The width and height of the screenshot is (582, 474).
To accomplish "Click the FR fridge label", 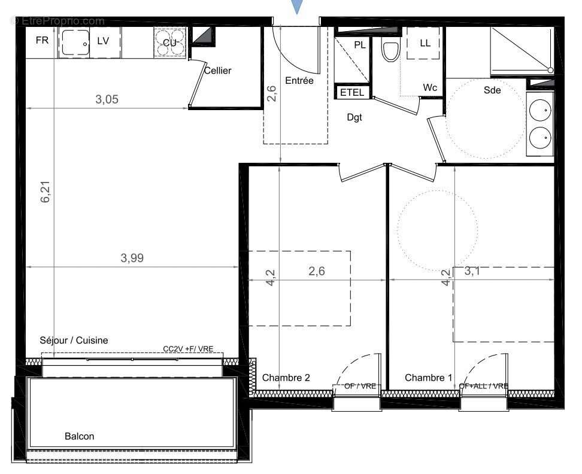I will [42, 41].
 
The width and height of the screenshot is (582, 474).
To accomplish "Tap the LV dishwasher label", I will [103, 41].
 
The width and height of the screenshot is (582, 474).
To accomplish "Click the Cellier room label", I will [217, 71].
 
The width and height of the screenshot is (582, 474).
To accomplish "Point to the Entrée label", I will [299, 81].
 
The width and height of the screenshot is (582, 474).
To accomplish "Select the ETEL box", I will [352, 93].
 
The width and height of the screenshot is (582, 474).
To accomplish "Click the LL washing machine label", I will [425, 43].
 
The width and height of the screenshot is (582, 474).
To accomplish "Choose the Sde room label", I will [492, 90].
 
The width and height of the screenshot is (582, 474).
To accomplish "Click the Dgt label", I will [354, 118].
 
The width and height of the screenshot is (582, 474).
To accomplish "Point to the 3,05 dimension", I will [107, 100].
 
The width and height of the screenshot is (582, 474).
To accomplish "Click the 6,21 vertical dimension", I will [46, 191].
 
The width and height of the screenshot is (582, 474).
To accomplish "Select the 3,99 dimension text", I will [132, 258].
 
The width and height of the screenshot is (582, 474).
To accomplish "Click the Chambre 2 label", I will [286, 378].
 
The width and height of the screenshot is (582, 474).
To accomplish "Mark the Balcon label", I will [79, 436].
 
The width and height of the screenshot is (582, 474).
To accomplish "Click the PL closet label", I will [360, 44].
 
